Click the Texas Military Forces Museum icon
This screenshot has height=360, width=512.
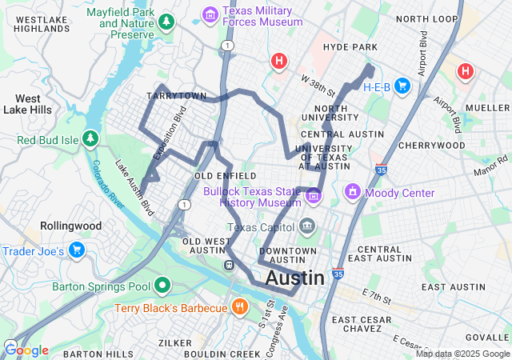pyautogui.click(x=210, y=14)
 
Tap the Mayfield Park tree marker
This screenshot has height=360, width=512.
pyautogui.click(x=166, y=22)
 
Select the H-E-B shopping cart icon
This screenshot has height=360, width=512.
pyautogui.click(x=402, y=86)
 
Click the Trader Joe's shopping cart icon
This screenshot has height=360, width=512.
pyautogui.click(x=77, y=250)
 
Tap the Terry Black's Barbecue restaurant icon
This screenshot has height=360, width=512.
pyautogui.click(x=239, y=307)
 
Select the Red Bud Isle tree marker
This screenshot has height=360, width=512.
pyautogui.click(x=90, y=139)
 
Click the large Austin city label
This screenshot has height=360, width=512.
pyautogui.click(x=294, y=278)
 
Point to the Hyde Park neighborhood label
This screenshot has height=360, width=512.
pyautogui.click(x=350, y=48)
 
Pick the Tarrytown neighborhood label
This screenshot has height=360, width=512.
pyautogui.click(x=171, y=96)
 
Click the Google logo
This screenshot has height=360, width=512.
pyautogui.click(x=26, y=350)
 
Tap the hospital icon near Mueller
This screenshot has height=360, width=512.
pyautogui.click(x=465, y=72)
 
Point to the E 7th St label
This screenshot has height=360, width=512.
pyautogui.click(x=376, y=297)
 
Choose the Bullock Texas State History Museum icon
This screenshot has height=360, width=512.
pyautogui.click(x=314, y=195)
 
